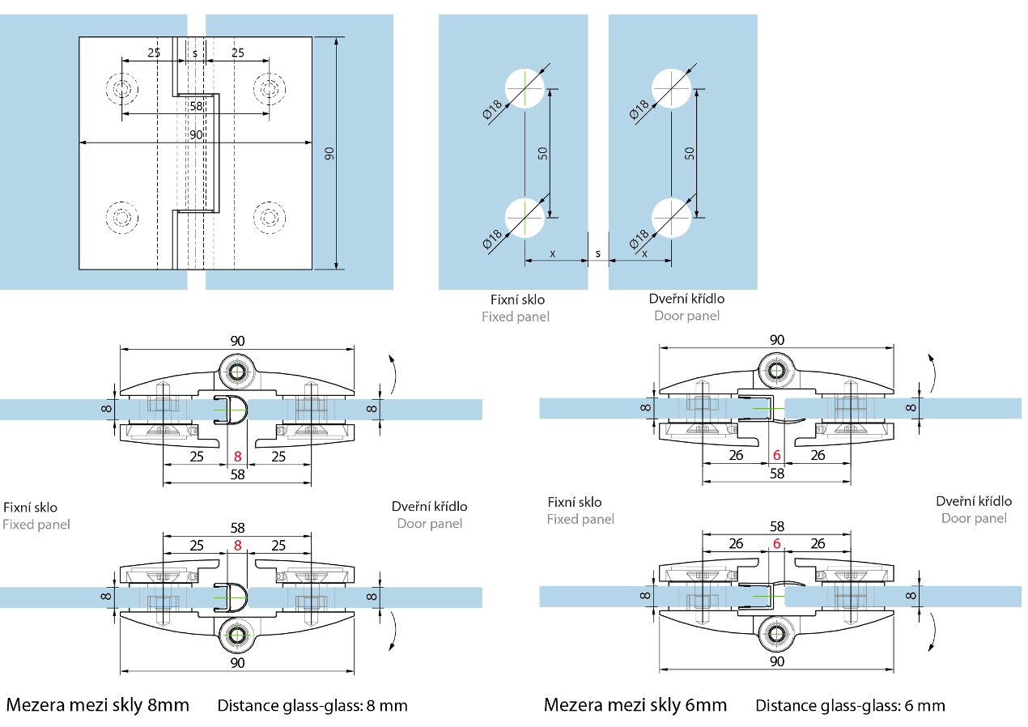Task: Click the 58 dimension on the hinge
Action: pyautogui.click(x=196, y=106)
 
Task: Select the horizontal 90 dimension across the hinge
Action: pyautogui.click(x=196, y=135)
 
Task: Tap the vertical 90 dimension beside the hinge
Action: pyautogui.click(x=329, y=154)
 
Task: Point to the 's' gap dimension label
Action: pyautogui.click(x=195, y=53)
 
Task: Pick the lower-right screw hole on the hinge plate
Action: pyautogui.click(x=269, y=217)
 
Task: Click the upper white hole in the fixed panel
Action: pyautogui.click(x=525, y=87)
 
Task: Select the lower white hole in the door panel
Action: pyautogui.click(x=672, y=218)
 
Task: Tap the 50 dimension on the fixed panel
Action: pyautogui.click(x=543, y=152)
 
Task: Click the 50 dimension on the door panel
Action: pyautogui.click(x=690, y=152)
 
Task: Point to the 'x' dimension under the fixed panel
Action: pyautogui.click(x=553, y=253)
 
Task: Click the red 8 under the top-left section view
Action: pyautogui.click(x=237, y=457)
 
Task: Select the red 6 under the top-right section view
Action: pyautogui.click(x=776, y=456)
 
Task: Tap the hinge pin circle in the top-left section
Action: pyautogui.click(x=237, y=372)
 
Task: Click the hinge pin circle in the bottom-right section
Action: pyautogui.click(x=776, y=634)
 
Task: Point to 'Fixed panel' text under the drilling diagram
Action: pyautogui.click(x=516, y=317)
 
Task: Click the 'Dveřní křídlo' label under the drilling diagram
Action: pyautogui.click(x=686, y=299)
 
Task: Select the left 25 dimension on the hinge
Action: pyautogui.click(x=153, y=53)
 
